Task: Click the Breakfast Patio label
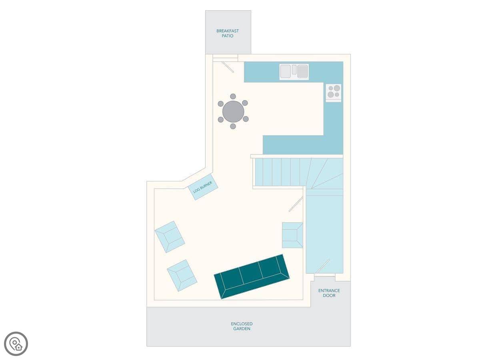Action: (228, 34)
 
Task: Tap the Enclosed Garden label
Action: (242, 326)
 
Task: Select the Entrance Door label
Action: (329, 293)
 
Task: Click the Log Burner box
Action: (203, 187)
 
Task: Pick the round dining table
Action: (233, 112)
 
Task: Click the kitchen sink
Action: (294, 72)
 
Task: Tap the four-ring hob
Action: (334, 93)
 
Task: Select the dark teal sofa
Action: (252, 276)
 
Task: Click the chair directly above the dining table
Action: (233, 96)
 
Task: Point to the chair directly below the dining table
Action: (233, 126)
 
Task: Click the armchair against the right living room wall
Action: (292, 235)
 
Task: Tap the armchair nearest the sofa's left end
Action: (182, 276)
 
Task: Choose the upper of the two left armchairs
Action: (170, 237)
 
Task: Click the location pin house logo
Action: (16, 344)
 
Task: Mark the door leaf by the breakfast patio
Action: (228, 67)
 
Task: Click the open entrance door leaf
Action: (323, 266)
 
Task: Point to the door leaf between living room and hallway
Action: (296, 204)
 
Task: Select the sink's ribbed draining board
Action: (303, 72)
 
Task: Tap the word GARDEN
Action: (242, 329)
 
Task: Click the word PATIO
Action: (228, 36)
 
